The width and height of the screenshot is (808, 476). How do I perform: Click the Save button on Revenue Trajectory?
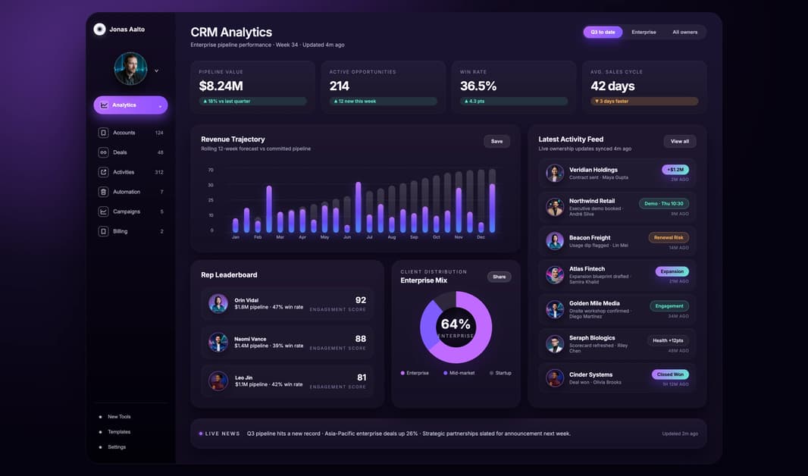(x=496, y=141)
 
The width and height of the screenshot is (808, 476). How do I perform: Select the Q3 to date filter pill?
(x=603, y=32)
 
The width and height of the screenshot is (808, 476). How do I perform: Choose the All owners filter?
(x=684, y=32)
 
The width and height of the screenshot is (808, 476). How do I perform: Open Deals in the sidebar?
(x=120, y=152)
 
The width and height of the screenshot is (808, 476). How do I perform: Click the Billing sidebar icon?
(x=103, y=231)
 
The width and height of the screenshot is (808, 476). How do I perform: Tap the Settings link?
(x=117, y=447)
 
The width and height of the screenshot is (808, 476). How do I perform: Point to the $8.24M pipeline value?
(x=221, y=86)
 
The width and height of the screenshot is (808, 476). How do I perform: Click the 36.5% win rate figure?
(x=478, y=86)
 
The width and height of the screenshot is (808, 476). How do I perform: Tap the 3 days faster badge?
(x=644, y=101)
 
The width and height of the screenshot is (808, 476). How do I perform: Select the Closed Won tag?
(x=670, y=374)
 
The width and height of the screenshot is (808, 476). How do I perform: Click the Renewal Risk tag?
(x=668, y=237)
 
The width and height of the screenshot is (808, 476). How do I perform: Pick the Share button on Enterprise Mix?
(x=499, y=277)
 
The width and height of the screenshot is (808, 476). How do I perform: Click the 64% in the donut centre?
(x=456, y=324)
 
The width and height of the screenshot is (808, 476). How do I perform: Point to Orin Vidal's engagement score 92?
(x=360, y=300)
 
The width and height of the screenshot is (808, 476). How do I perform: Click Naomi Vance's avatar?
(x=218, y=342)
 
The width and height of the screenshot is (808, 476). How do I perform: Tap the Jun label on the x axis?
(x=347, y=237)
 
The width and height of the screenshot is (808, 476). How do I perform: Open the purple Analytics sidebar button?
(x=130, y=105)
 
